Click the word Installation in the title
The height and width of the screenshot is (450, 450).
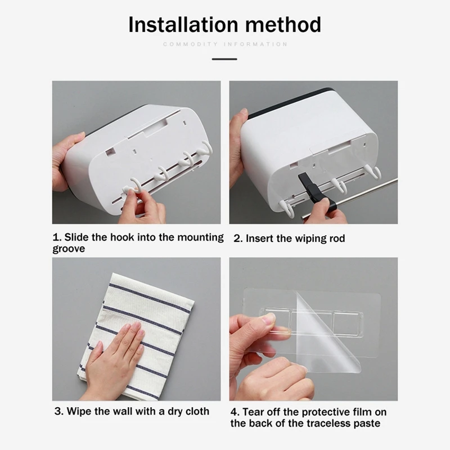pyautogui.click(x=183, y=25)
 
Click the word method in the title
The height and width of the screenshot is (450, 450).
pyautogui.click(x=283, y=25)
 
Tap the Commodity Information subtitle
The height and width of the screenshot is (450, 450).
pyautogui.click(x=225, y=44)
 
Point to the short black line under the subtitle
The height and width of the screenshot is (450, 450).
pyautogui.click(x=224, y=59)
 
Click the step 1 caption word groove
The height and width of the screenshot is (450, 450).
pyautogui.click(x=69, y=249)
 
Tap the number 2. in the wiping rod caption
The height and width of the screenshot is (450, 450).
pyautogui.click(x=238, y=238)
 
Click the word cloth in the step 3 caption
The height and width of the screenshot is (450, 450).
pyautogui.click(x=197, y=411)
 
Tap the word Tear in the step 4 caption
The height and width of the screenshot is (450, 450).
pyautogui.click(x=253, y=412)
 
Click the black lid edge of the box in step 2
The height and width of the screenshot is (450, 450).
pyautogui.click(x=290, y=103)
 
